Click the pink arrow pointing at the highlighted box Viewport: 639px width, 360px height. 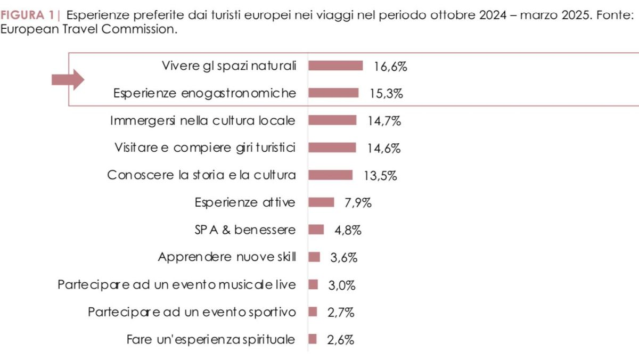pyautogui.click(x=68, y=80)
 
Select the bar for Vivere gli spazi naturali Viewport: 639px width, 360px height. pyautogui.click(x=335, y=66)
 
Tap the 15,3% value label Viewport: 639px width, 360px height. pyautogui.click(x=387, y=94)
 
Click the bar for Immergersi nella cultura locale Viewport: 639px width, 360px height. pyautogui.click(x=332, y=120)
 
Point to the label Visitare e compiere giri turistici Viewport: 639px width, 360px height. pyautogui.click(x=205, y=148)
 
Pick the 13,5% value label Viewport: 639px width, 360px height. pyautogui.click(x=380, y=175)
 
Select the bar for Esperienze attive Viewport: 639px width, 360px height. pyautogui.click(x=321, y=202)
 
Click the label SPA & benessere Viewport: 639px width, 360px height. pyautogui.click(x=245, y=230)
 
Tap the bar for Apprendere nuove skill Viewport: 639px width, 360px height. pyautogui.click(x=314, y=257)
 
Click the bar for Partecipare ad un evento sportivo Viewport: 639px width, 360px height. pyautogui.click(x=313, y=312)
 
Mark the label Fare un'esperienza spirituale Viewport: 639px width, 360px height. pyautogui.click(x=211, y=339)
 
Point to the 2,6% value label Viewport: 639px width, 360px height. pyautogui.click(x=340, y=340)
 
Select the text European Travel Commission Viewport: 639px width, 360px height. pyautogui.click(x=88, y=29)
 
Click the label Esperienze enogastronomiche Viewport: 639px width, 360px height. pyautogui.click(x=204, y=93)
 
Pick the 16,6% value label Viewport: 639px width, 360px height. pyautogui.click(x=390, y=67)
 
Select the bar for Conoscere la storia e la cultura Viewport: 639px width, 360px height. pyautogui.click(x=331, y=175)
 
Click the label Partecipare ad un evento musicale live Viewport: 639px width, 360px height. pyautogui.click(x=176, y=284)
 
